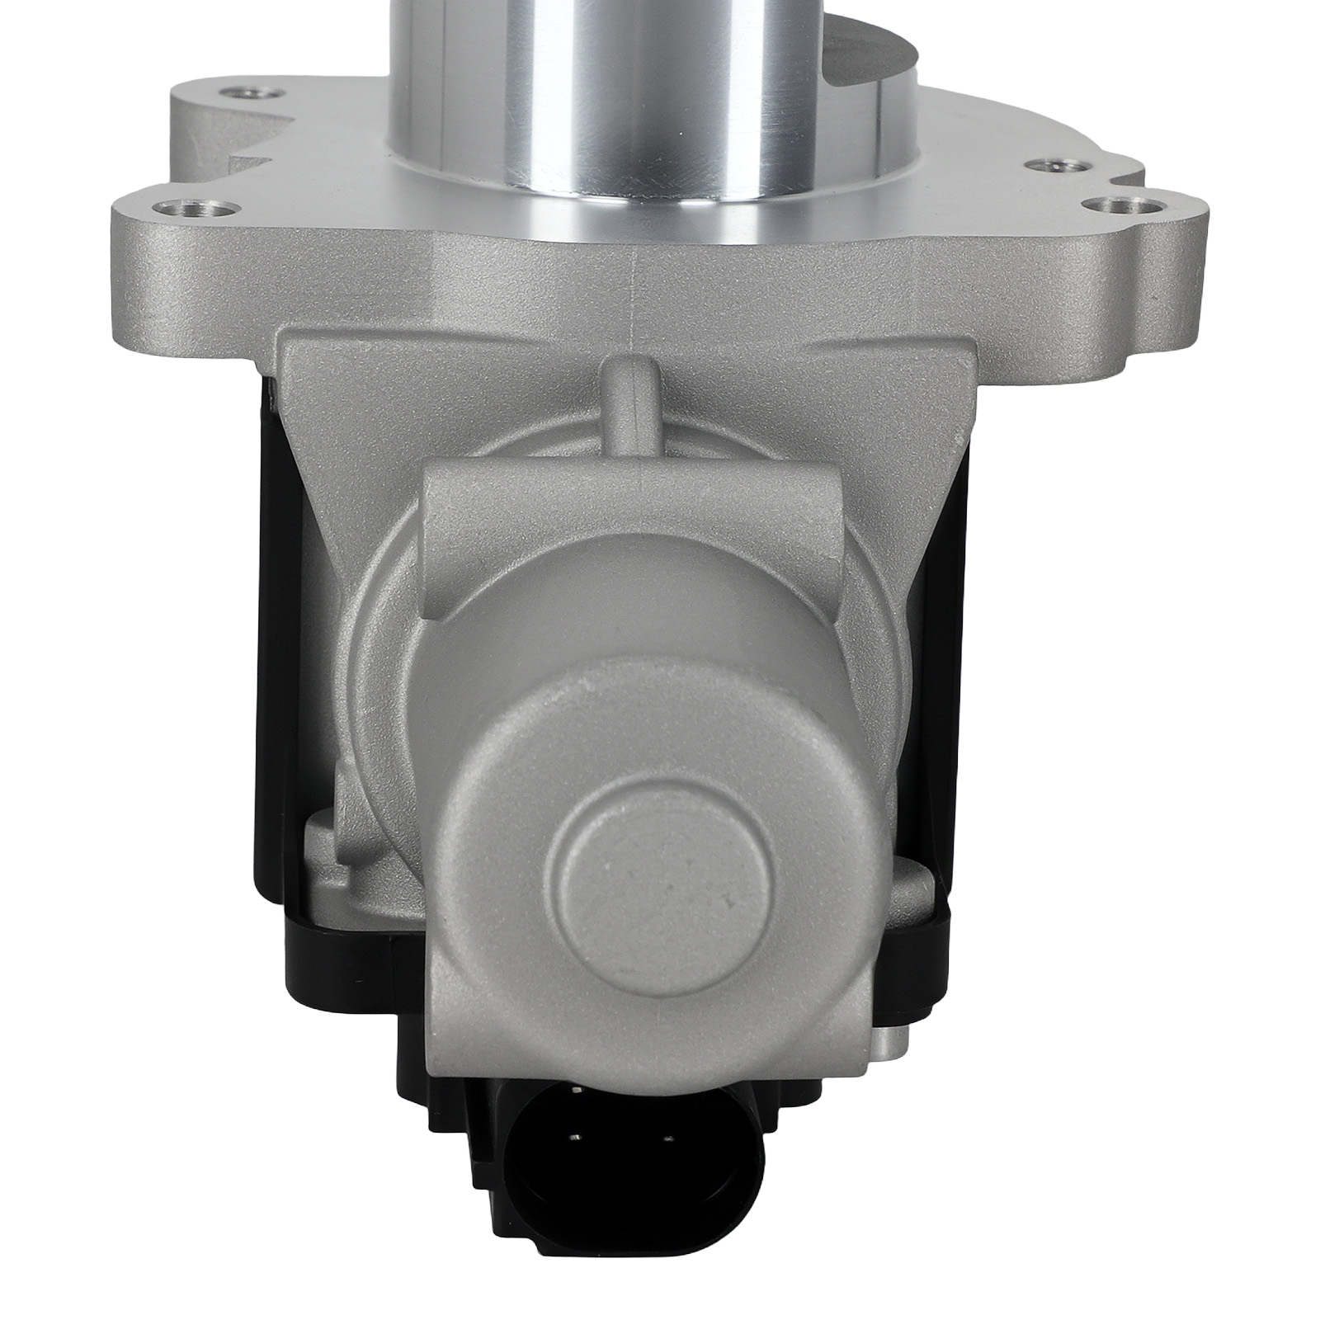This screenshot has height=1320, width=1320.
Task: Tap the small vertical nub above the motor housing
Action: [x=626, y=397]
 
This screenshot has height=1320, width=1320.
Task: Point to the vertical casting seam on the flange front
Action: [x=632, y=272]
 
